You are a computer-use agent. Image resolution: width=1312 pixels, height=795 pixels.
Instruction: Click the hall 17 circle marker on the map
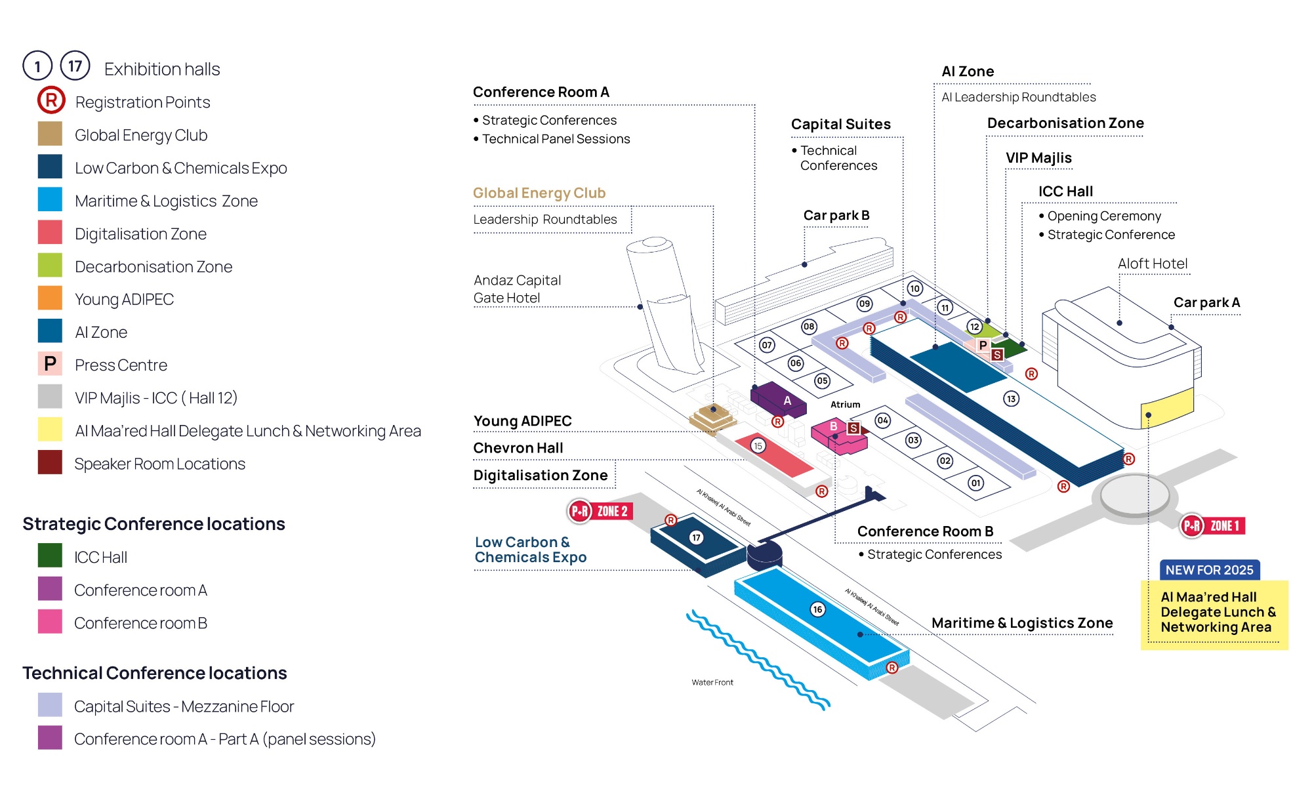pos(696,538)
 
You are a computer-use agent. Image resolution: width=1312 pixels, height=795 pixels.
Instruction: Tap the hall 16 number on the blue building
pos(817,609)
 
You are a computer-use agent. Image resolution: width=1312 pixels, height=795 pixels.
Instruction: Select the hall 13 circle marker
pos(1011,399)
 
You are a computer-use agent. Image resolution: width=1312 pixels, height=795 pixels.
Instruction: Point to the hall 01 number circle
pos(975,483)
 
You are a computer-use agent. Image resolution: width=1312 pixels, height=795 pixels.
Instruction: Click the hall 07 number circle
pos(767,345)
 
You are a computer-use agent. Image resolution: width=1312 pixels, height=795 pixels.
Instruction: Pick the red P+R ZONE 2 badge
pos(600,511)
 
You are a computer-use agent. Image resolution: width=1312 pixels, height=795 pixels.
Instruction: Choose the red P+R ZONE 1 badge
pos(1213,525)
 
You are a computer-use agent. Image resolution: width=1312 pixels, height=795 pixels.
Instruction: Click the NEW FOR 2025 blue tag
pos(1209,570)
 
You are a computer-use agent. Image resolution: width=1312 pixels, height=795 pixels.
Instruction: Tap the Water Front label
pos(712,682)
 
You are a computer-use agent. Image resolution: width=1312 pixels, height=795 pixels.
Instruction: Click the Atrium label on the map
pos(845,405)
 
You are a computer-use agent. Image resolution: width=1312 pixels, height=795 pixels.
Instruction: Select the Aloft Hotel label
pos(1153,264)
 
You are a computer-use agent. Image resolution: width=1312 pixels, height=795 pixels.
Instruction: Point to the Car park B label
pos(836,215)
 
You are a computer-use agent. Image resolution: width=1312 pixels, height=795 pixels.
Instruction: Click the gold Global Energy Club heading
pos(539,193)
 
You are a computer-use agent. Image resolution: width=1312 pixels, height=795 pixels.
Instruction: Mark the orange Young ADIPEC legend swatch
pos(50,298)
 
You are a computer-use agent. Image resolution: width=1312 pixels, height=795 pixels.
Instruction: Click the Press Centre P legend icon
pos(50,364)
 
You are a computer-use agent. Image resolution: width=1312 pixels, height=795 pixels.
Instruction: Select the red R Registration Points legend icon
pos(51,100)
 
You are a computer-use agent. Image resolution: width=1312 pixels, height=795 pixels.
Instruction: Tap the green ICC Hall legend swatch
pos(50,556)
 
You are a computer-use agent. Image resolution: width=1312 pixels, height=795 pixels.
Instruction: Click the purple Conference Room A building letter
pos(787,400)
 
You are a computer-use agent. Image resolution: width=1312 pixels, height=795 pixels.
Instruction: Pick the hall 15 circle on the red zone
pos(758,446)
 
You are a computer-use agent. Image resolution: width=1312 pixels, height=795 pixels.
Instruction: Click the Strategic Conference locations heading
pos(154,523)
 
